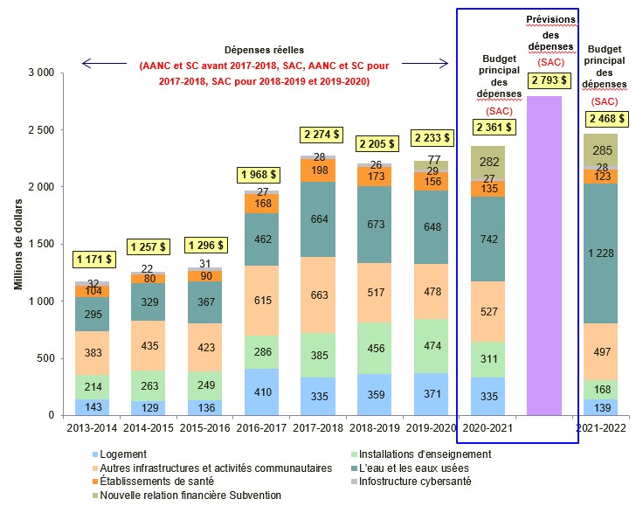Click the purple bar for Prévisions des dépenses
pyautogui.click(x=543, y=255)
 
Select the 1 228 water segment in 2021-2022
pyautogui.click(x=601, y=253)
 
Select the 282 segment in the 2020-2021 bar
pyautogui.click(x=487, y=162)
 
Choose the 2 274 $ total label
pyautogui.click(x=319, y=135)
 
